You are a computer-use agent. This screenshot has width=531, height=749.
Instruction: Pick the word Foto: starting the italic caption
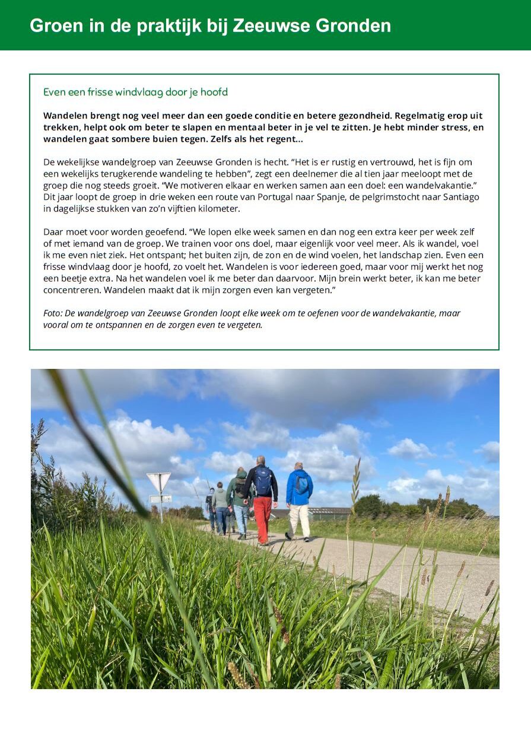(x=53, y=313)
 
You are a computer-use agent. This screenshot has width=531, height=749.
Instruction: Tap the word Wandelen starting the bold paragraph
(x=65, y=116)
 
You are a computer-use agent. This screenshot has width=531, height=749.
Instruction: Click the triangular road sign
(x=158, y=481)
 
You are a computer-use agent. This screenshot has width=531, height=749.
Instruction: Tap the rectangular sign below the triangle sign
(x=161, y=499)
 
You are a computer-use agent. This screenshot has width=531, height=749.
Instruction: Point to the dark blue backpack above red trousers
(x=263, y=480)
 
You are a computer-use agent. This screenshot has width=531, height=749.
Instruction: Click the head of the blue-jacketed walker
(x=298, y=466)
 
